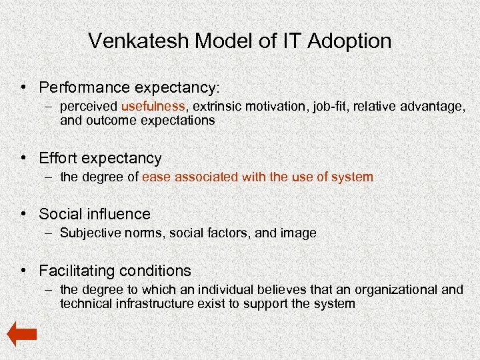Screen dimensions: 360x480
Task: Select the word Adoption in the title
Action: [x=350, y=41]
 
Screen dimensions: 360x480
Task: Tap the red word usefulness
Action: [x=153, y=106]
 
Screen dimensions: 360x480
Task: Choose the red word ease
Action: [x=155, y=177]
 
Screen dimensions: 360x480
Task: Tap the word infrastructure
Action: [x=147, y=304]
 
